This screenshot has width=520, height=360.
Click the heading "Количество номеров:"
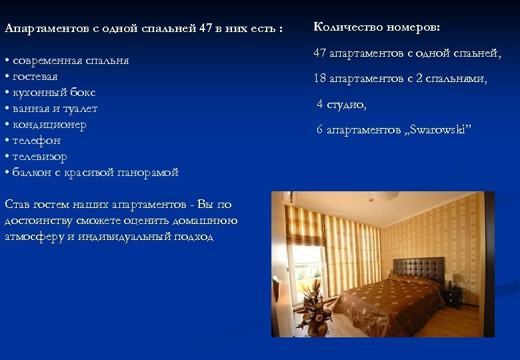377,27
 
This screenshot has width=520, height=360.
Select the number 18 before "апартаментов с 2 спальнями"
320,79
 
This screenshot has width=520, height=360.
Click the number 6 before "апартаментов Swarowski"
320,129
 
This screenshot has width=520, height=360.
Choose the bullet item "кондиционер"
49,125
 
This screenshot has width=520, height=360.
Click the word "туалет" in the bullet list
81,109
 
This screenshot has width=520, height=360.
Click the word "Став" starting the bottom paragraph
16,205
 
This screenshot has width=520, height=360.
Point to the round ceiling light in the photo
384,196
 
